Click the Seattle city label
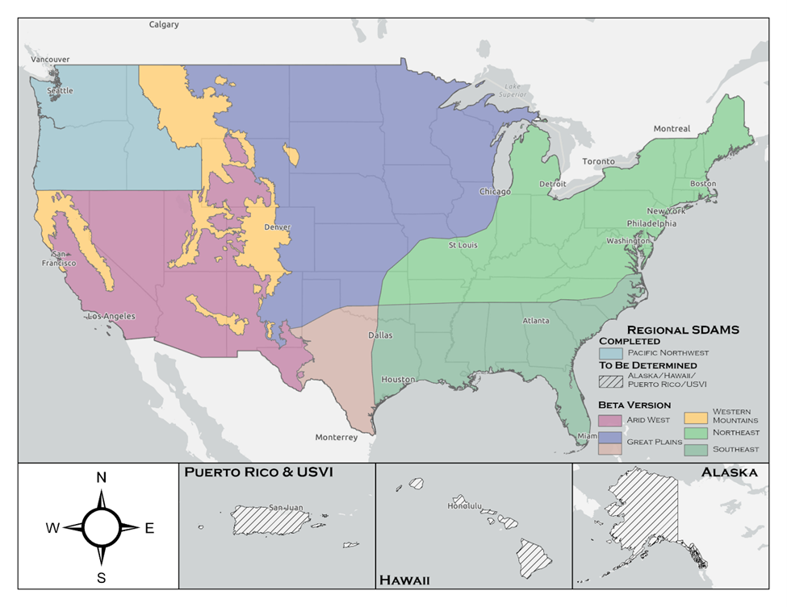[x=60, y=91]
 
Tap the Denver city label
[x=277, y=227]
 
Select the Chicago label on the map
[x=495, y=192]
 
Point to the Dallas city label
[x=380, y=335]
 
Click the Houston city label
[x=399, y=379]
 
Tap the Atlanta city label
[x=536, y=321]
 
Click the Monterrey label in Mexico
[x=336, y=438]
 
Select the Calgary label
[x=164, y=24]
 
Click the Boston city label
[x=703, y=184]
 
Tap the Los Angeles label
[x=111, y=316]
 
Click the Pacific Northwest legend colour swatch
[x=610, y=353]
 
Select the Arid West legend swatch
[x=610, y=420]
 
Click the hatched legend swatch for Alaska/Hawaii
[x=610, y=381]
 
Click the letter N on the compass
[x=102, y=477]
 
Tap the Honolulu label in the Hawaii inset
[x=464, y=507]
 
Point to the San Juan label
[x=286, y=508]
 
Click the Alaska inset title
[x=729, y=472]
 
